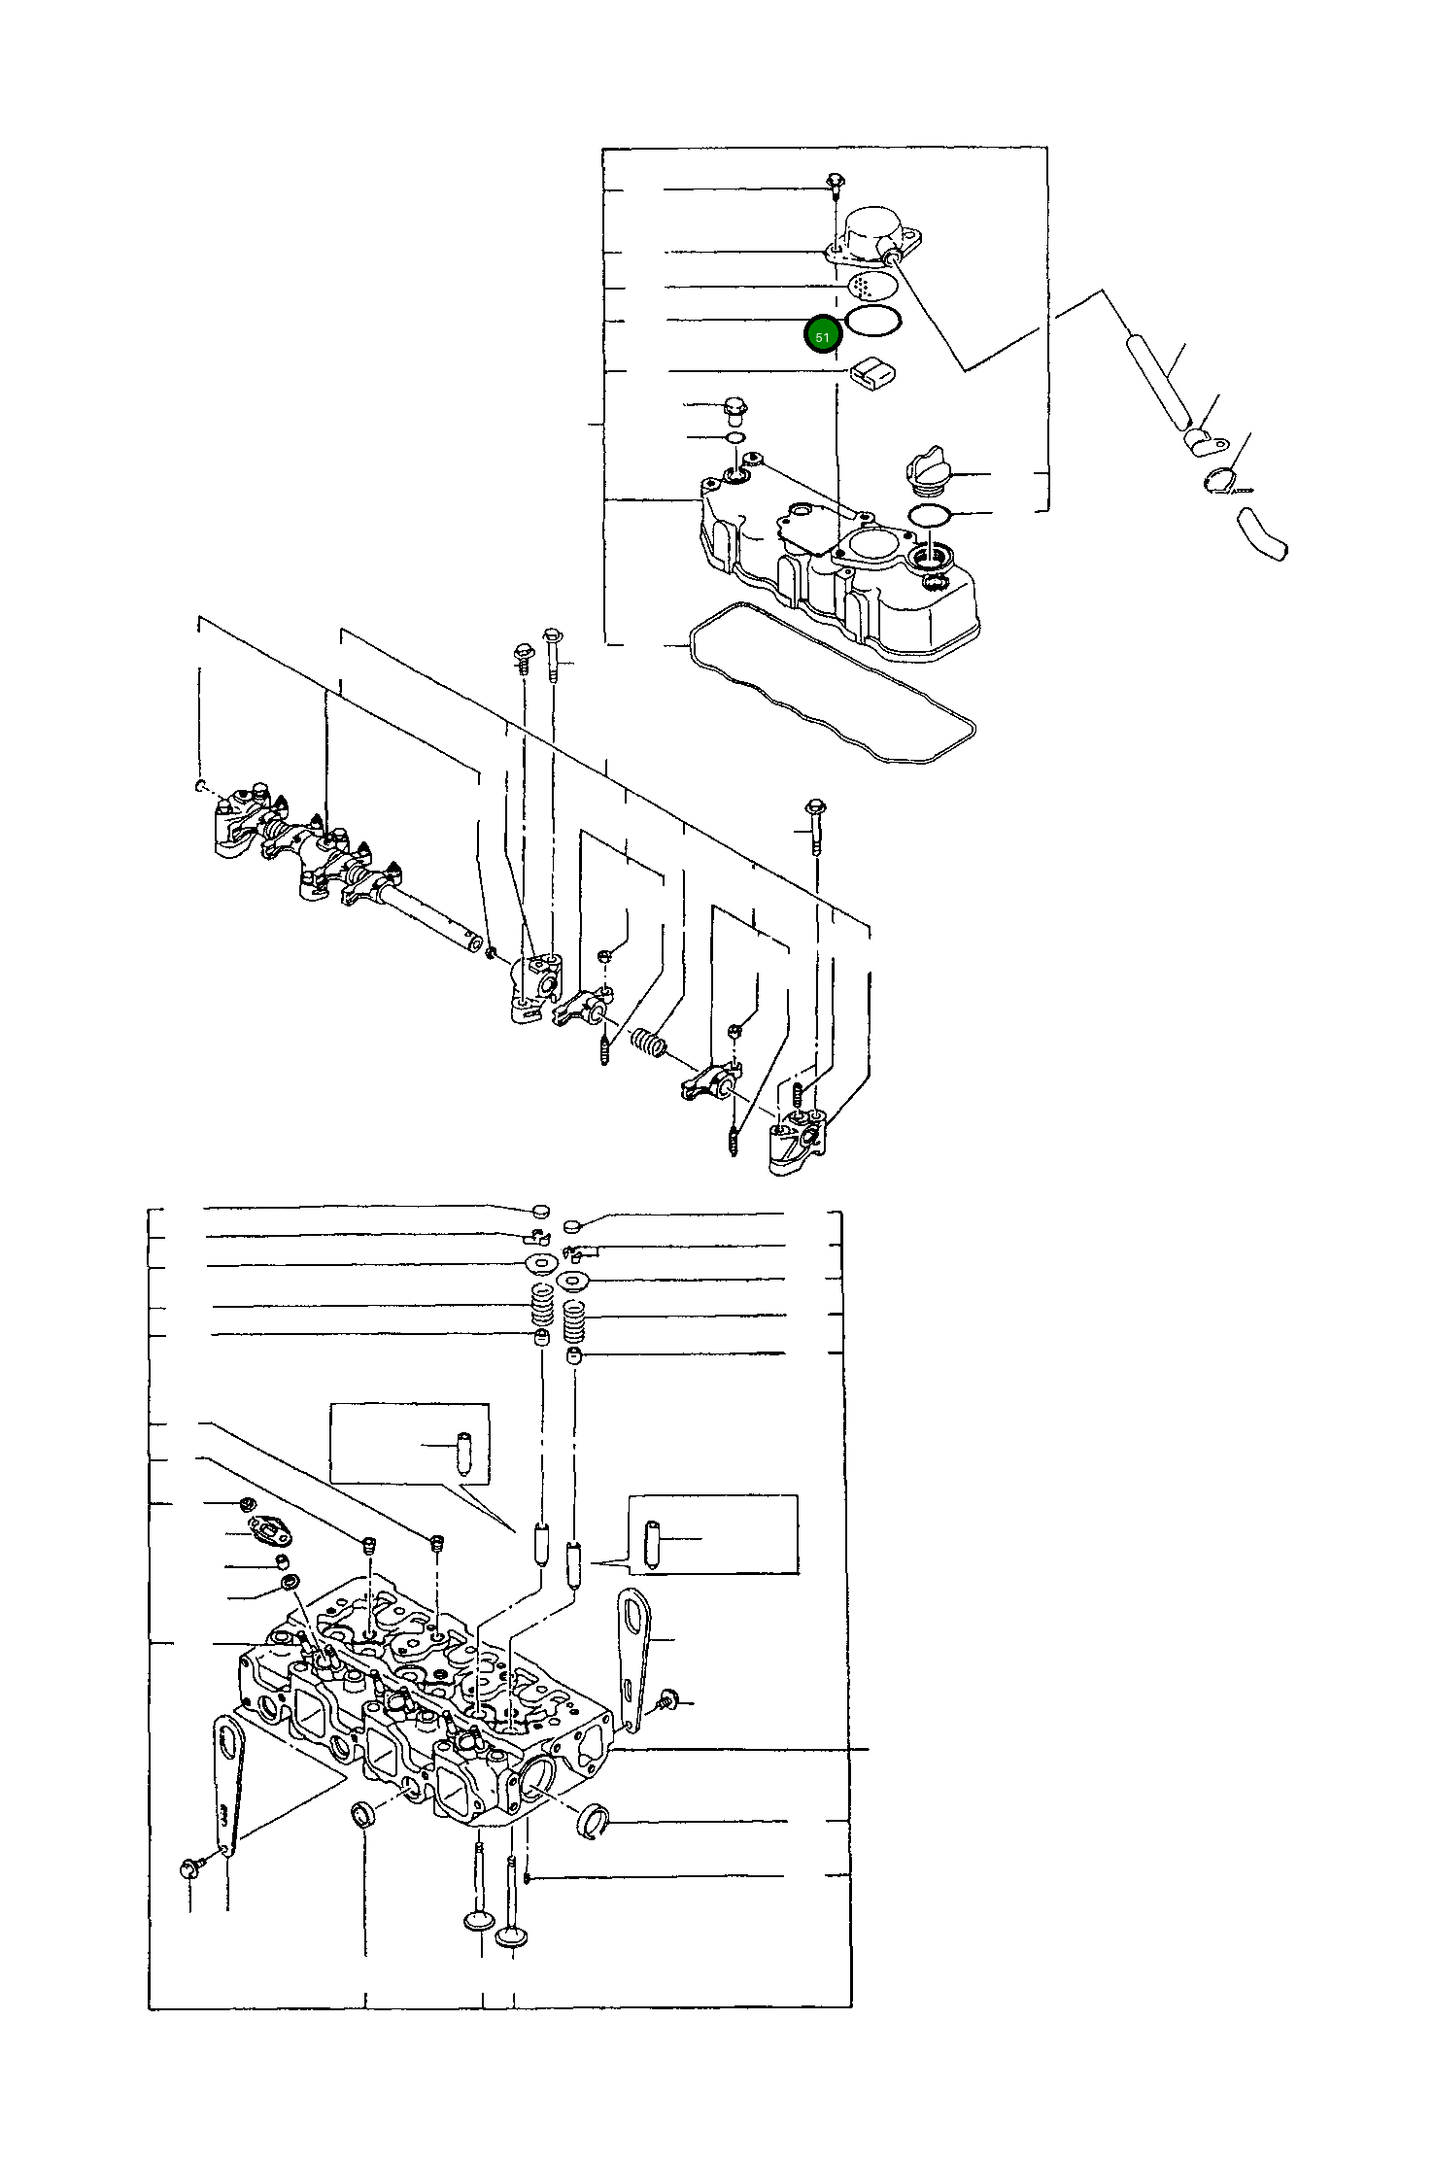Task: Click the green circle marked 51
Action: pos(823,335)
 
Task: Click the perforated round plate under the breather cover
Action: pos(872,286)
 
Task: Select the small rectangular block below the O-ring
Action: pos(872,371)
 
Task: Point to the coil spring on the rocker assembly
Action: pos(648,1043)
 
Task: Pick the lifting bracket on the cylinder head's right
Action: pos(635,1652)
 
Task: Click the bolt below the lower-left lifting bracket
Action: pos(189,1866)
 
